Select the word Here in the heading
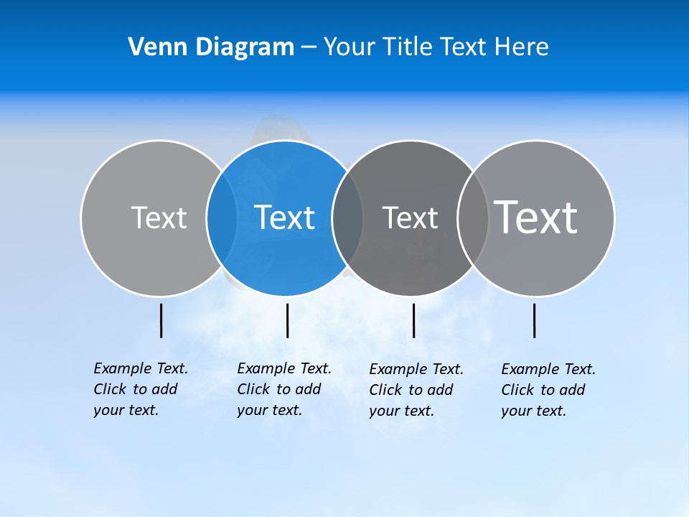[521, 47]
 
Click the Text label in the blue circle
[284, 218]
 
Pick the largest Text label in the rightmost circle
[535, 217]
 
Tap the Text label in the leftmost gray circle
[159, 218]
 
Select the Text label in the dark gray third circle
[410, 218]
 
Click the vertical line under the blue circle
[287, 320]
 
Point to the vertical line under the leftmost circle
[161, 320]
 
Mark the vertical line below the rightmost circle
[534, 320]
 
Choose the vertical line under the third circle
[413, 320]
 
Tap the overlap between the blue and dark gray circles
[347, 218]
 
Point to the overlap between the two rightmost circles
[473, 218]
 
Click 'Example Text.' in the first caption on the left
[141, 368]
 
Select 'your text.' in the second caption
[269, 410]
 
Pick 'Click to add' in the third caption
[411, 390]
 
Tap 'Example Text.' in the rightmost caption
[548, 369]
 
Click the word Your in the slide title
[349, 47]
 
